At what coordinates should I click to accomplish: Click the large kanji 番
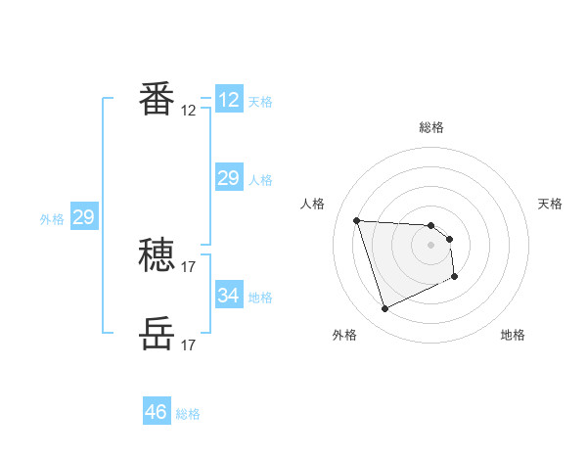pyautogui.click(x=157, y=99)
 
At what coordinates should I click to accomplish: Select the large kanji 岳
pyautogui.click(x=157, y=334)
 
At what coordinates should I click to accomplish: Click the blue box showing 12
pyautogui.click(x=229, y=100)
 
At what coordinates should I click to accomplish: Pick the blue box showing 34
pyautogui.click(x=229, y=295)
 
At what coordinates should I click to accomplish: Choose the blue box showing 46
pyautogui.click(x=157, y=412)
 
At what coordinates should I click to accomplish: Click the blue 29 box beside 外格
pyautogui.click(x=83, y=217)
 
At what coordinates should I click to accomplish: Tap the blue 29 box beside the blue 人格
pyautogui.click(x=229, y=178)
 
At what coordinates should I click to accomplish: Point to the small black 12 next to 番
pyautogui.click(x=189, y=111)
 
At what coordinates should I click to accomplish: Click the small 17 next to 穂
pyautogui.click(x=189, y=266)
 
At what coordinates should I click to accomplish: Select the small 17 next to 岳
pyautogui.click(x=189, y=345)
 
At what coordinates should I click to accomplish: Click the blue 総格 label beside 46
pyautogui.click(x=188, y=414)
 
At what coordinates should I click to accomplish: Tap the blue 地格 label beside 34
pyautogui.click(x=261, y=297)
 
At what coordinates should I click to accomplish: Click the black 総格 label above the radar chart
pyautogui.click(x=431, y=127)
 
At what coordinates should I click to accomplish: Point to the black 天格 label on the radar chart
pyautogui.click(x=550, y=204)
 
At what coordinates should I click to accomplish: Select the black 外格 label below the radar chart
pyautogui.click(x=344, y=335)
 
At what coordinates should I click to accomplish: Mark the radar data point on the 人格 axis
pyautogui.click(x=356, y=220)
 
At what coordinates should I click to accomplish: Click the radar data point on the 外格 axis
pyautogui.click(x=384, y=309)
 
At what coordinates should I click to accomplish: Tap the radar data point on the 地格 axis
pyautogui.click(x=455, y=277)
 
